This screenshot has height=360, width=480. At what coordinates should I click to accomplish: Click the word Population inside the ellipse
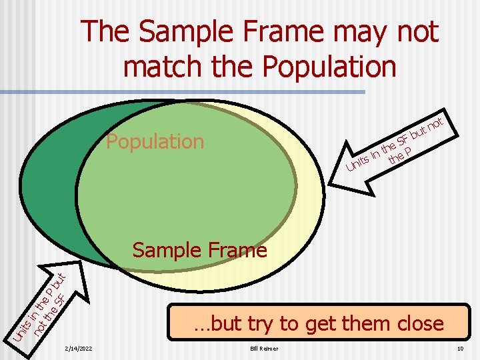155,141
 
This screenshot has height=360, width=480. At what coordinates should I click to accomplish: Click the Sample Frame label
199,250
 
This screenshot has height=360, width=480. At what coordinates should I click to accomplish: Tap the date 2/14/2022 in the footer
79,349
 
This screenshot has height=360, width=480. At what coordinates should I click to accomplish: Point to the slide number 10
460,349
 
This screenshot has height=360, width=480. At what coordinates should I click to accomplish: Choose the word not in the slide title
418,32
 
